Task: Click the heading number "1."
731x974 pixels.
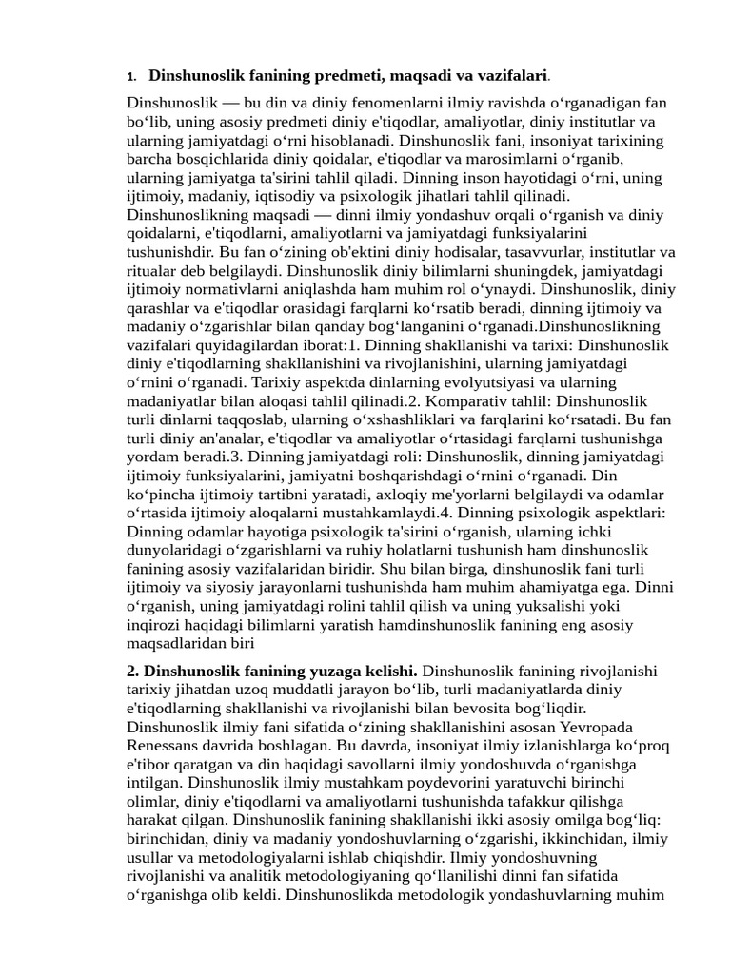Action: pyautogui.click(x=132, y=76)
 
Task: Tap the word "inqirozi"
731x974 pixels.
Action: pyautogui.click(x=154, y=625)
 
